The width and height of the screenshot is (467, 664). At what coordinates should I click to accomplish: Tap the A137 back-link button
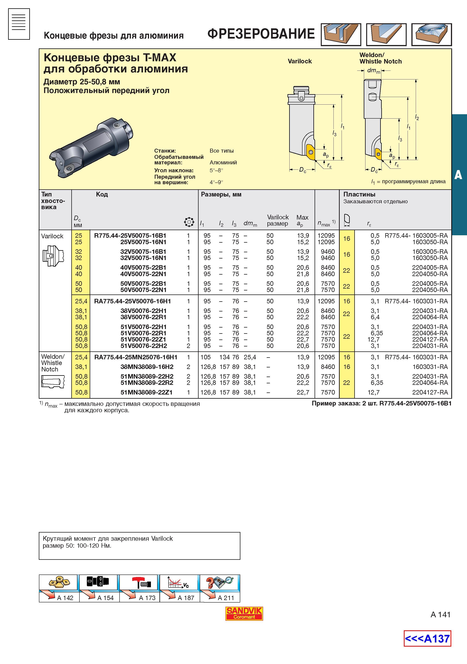click(427, 638)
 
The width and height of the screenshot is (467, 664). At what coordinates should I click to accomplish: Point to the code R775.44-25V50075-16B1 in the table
click(130, 235)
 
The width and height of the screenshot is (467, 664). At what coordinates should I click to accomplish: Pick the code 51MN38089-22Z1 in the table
click(146, 392)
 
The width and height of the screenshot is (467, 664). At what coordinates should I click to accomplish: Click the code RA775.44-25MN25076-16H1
click(136, 357)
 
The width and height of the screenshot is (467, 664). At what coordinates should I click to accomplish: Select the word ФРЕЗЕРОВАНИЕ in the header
click(261, 34)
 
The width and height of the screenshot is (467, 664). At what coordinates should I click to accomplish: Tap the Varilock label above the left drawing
click(300, 61)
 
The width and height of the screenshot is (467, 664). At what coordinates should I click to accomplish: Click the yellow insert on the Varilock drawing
click(310, 152)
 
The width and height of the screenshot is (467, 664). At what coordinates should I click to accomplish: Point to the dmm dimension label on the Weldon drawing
click(374, 71)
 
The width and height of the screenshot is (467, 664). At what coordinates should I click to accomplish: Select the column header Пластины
click(359, 194)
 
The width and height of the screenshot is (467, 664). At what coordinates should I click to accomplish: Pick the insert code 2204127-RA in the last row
click(430, 392)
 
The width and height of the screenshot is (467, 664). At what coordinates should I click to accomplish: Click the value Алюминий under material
click(223, 162)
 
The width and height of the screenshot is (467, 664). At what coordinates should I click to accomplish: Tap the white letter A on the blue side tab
click(458, 175)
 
